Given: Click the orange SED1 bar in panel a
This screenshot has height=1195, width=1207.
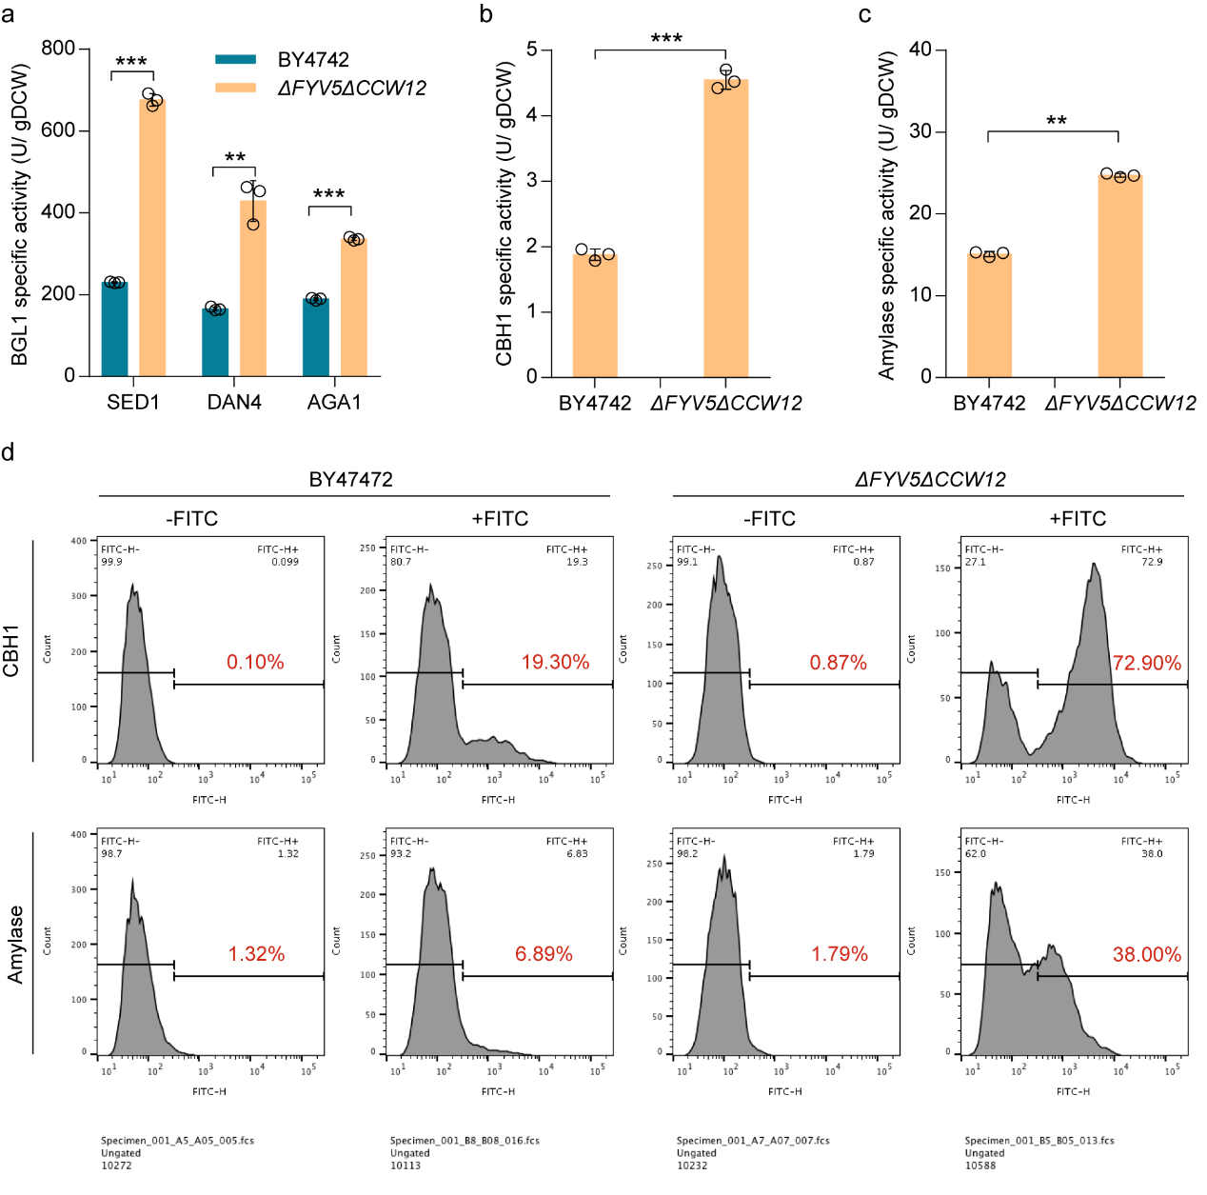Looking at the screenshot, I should point(152,238).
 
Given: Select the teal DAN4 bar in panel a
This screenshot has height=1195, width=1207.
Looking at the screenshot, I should point(215,342).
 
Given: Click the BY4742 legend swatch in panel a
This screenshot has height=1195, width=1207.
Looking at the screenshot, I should point(235,60).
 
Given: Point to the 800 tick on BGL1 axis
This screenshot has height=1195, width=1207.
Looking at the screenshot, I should point(58,49).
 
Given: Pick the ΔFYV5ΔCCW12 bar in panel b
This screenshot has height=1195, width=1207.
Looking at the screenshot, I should point(725,229).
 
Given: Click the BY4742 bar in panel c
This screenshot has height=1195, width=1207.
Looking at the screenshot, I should point(989,315).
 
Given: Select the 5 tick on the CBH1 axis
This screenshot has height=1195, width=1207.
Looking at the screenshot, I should point(532,50).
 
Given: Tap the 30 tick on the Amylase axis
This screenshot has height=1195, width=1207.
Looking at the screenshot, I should point(920,131).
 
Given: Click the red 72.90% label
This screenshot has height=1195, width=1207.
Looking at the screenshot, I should point(1147,663).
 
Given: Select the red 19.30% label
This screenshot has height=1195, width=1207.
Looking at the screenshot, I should point(555,662).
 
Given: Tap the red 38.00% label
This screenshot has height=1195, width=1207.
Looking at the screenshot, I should point(1147,954).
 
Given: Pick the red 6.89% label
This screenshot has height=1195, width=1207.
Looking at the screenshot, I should point(544,954).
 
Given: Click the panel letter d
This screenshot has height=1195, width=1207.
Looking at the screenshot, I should point(9,452).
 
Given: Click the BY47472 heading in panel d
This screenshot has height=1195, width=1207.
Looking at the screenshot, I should point(350,480).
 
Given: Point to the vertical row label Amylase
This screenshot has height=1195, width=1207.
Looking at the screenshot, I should point(15,944).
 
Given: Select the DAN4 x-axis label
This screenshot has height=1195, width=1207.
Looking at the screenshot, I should point(234,402).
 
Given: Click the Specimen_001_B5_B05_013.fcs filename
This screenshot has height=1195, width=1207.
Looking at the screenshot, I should point(1039,1140).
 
